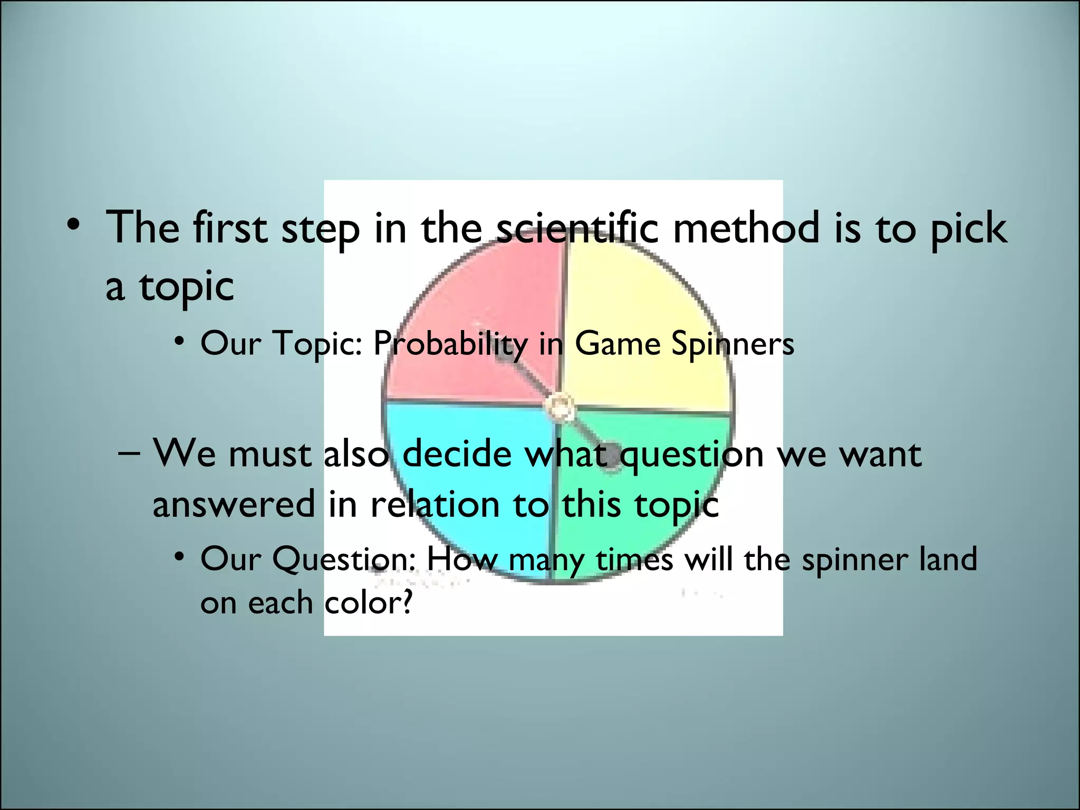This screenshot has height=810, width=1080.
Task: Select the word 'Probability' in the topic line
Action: click(450, 344)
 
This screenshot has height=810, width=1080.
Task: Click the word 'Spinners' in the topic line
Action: click(732, 344)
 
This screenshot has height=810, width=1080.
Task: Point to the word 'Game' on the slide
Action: click(617, 344)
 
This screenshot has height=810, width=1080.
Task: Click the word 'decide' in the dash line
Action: click(457, 454)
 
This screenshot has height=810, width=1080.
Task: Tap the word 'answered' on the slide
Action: click(234, 504)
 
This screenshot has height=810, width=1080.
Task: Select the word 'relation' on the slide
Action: click(435, 504)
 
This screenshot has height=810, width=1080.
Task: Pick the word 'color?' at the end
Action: click(368, 603)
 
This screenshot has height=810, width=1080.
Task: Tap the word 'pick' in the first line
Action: click(968, 229)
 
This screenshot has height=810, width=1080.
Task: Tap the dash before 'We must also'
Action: click(130, 454)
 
